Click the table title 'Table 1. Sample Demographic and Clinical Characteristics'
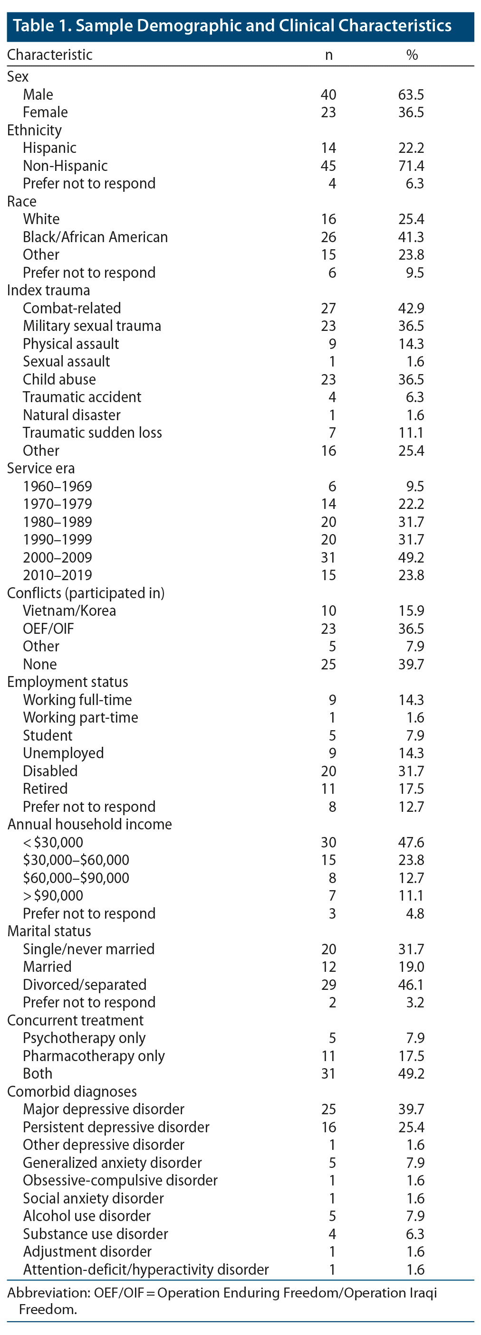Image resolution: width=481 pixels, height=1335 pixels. click(232, 26)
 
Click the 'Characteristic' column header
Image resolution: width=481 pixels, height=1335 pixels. click(50, 55)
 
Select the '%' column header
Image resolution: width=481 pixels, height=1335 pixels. click(412, 55)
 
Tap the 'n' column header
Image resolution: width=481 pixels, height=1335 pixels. click(328, 55)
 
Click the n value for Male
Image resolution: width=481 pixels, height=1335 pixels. click(328, 95)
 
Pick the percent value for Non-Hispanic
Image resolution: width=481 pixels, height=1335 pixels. click(411, 166)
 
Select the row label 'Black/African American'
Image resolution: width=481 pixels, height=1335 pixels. click(96, 237)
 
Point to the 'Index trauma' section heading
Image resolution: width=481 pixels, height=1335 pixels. click(48, 291)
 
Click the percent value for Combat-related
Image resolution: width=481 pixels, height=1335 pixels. click(411, 309)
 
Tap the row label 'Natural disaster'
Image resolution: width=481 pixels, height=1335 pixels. click(72, 415)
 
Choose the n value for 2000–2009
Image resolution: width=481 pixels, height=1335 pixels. click(328, 558)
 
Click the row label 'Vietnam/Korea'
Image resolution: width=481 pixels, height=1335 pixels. click(69, 611)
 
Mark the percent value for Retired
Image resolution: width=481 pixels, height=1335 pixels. click(411, 789)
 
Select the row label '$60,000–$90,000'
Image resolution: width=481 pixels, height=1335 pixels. click(76, 878)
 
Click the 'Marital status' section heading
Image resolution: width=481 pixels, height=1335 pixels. click(49, 931)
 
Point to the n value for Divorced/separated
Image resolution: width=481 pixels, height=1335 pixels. click(328, 985)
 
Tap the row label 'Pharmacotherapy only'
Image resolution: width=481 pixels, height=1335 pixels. click(94, 1056)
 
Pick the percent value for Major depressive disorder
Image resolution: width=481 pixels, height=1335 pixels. click(411, 1109)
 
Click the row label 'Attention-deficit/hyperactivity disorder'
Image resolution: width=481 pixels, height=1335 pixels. click(146, 1269)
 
